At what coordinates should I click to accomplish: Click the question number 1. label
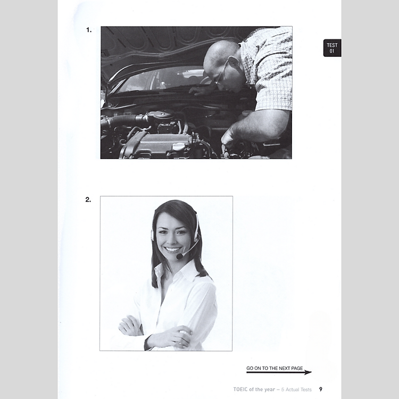(x=88, y=30)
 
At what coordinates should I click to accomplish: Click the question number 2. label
(x=88, y=199)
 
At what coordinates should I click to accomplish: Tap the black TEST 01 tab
(x=332, y=48)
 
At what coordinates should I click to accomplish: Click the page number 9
(x=321, y=389)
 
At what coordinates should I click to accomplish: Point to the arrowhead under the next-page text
(x=307, y=372)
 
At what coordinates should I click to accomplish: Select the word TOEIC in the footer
(x=240, y=389)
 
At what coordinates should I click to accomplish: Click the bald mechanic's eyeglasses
(x=221, y=74)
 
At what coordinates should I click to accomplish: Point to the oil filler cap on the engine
(x=178, y=147)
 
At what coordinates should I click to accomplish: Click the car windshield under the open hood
(x=163, y=79)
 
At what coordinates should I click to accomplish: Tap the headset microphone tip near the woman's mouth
(x=179, y=256)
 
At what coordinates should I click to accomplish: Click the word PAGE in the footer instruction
(x=297, y=368)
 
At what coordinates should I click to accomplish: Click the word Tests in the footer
(x=306, y=389)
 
